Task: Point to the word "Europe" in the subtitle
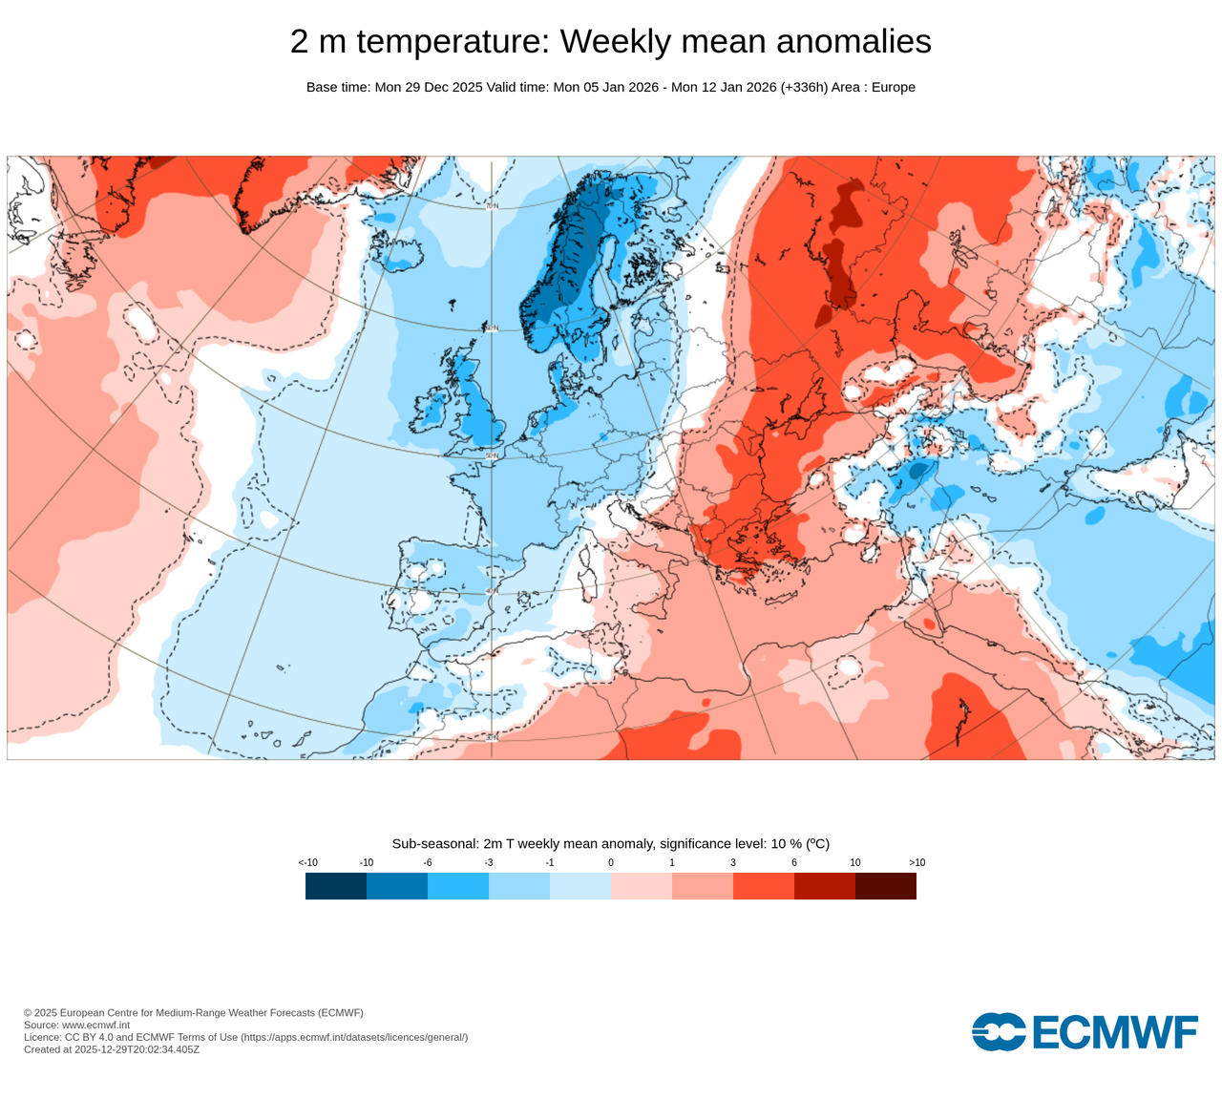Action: pyautogui.click(x=893, y=87)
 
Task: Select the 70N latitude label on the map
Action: pyautogui.click(x=492, y=205)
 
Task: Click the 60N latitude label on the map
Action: pyautogui.click(x=492, y=328)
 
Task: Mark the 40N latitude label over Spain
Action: pyautogui.click(x=492, y=592)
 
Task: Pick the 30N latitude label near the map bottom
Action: pyautogui.click(x=492, y=737)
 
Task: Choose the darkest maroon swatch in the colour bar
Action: pyautogui.click(x=886, y=886)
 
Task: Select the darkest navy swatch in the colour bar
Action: pyautogui.click(x=336, y=886)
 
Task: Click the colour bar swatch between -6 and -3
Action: pyautogui.click(x=458, y=886)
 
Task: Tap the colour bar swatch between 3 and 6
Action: pyautogui.click(x=764, y=886)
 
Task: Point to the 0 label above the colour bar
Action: pyautogui.click(x=611, y=862)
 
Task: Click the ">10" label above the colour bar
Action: pyautogui.click(x=916, y=862)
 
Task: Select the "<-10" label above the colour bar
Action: pyautogui.click(x=307, y=862)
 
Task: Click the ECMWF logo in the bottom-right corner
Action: pyautogui.click(x=1085, y=1032)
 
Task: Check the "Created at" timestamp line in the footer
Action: pyautogui.click(x=112, y=1049)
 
